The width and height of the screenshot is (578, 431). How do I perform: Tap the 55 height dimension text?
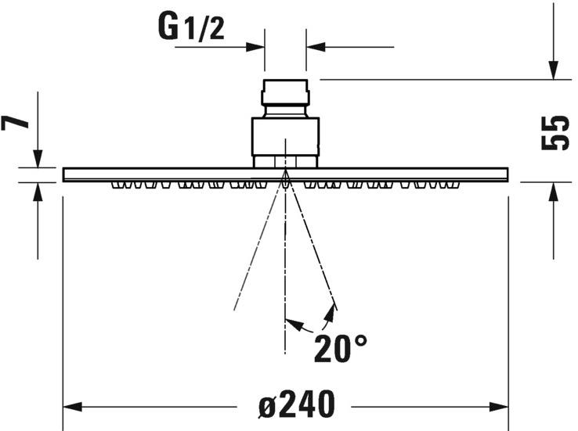tap(554, 133)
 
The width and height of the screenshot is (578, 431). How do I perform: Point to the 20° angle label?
tap(341, 349)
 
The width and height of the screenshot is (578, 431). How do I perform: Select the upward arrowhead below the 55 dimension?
tap(554, 191)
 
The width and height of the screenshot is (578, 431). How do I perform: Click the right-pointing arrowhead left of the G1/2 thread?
tap(256, 47)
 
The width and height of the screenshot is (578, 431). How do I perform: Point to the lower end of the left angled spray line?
tap(236, 307)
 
